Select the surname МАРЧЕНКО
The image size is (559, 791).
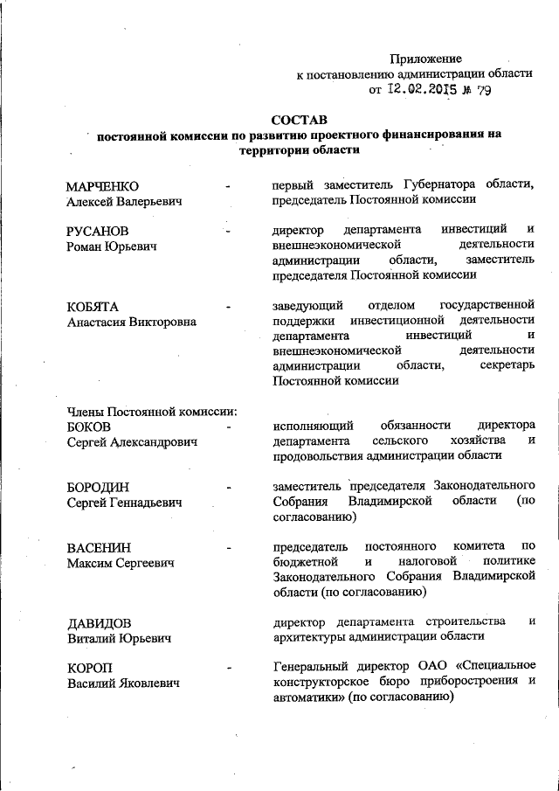[104, 185]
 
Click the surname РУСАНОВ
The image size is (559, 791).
[98, 231]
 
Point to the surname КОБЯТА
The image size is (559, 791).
[93, 306]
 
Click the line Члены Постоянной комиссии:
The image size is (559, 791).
[153, 411]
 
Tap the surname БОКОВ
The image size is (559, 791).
[88, 427]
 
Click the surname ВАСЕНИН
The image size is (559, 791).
[99, 548]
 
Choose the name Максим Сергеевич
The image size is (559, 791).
[121, 564]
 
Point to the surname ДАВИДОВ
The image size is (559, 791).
[100, 623]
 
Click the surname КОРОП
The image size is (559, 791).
[91, 669]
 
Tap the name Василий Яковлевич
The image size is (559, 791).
[124, 684]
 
